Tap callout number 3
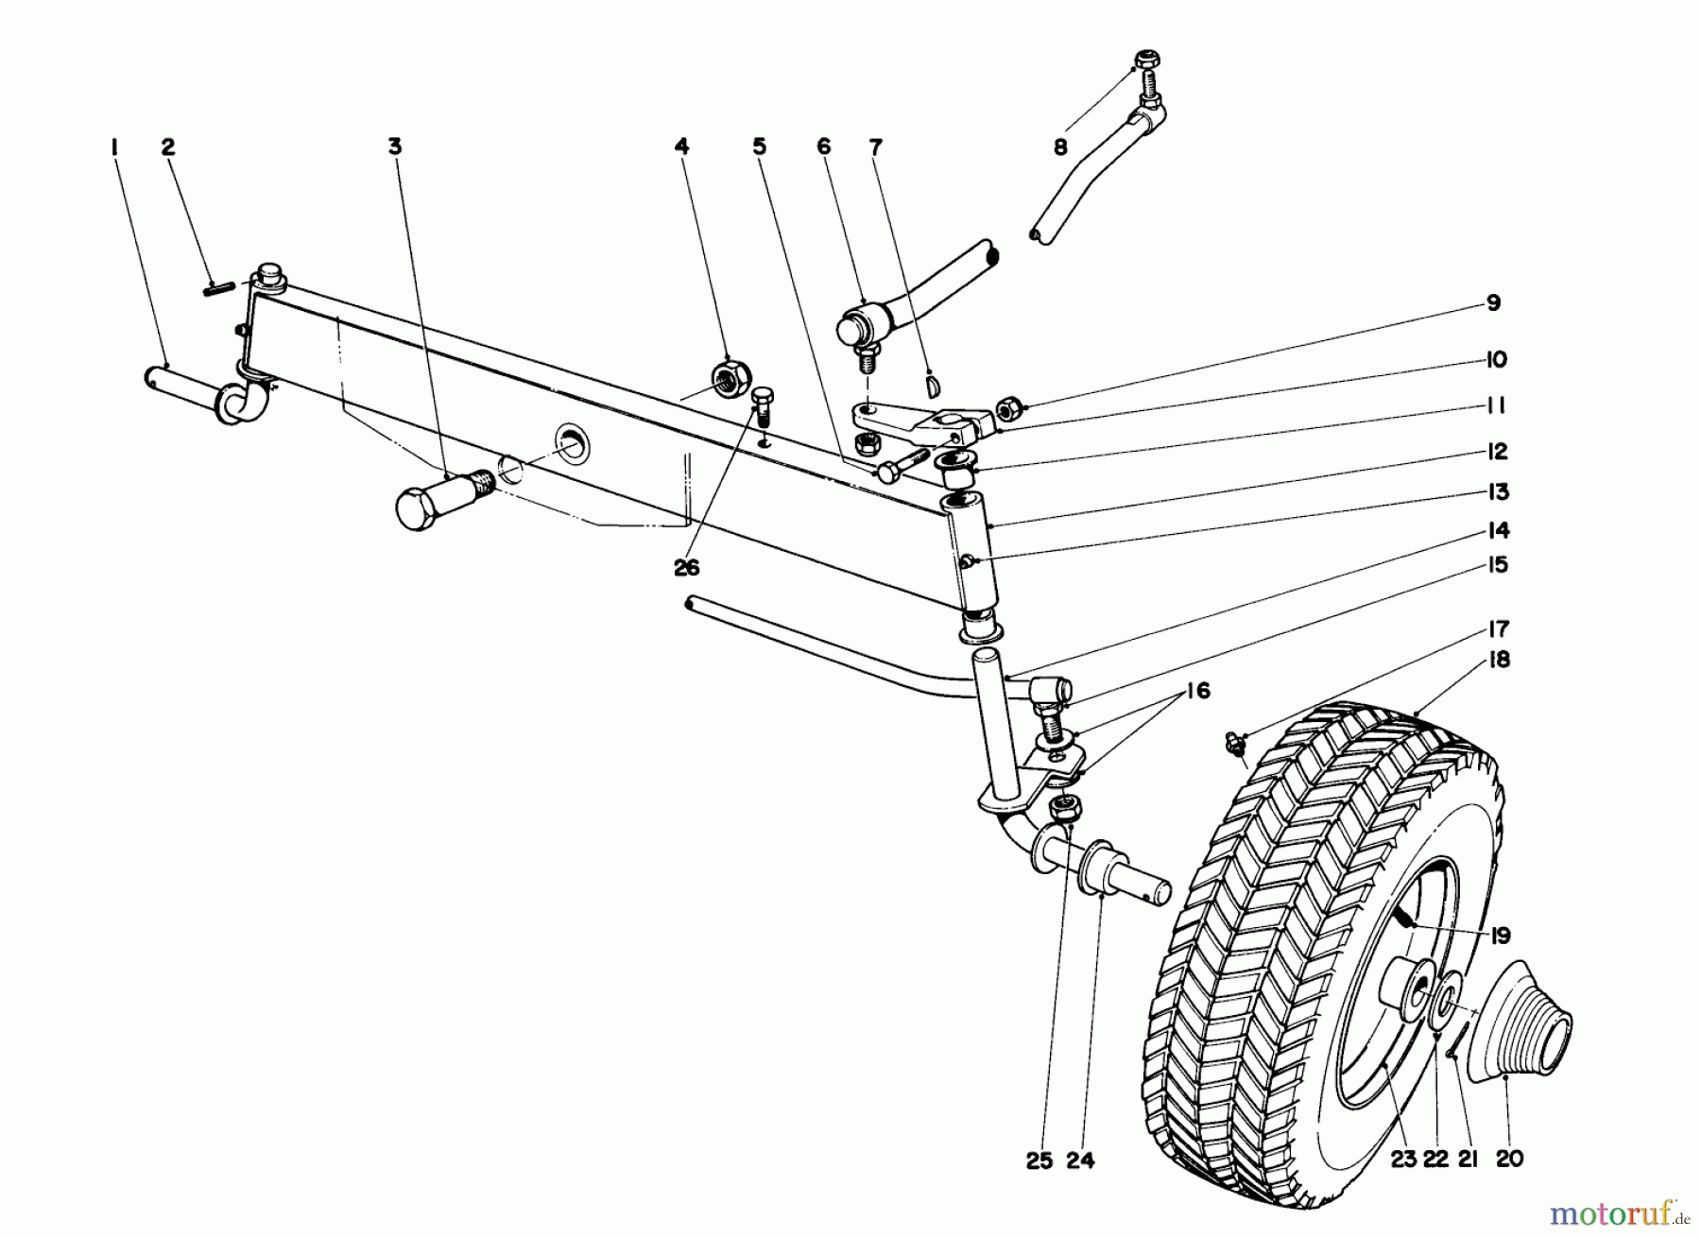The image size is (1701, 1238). [395, 147]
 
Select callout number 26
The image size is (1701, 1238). [687, 567]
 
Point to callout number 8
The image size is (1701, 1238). [1060, 147]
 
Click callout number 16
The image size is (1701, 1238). [1196, 692]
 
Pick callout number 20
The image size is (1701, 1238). [1509, 1160]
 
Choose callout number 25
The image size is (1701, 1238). [1039, 1160]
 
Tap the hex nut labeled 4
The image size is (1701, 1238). [731, 379]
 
